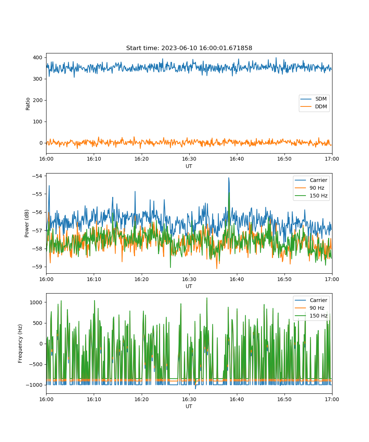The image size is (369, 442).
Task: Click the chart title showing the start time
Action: pyautogui.click(x=189, y=48)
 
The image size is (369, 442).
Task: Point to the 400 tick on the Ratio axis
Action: pyautogui.click(x=38, y=57)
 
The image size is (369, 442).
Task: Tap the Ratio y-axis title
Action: pyautogui.click(x=28, y=104)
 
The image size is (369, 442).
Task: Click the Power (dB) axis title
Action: pyautogui.click(x=27, y=223)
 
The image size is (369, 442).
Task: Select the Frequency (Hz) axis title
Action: pyautogui.click(x=20, y=344)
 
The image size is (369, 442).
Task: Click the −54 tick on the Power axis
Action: pyautogui.click(x=37, y=176)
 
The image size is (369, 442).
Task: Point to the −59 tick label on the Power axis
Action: pyautogui.click(x=37, y=267)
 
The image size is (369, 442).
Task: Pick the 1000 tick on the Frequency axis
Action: pyautogui.click(x=36, y=302)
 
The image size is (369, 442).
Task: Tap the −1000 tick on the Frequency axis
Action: pyautogui.click(x=34, y=385)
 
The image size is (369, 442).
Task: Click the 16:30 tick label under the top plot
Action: pyautogui.click(x=189, y=159)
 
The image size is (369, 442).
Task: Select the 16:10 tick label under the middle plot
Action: pyautogui.click(x=94, y=279)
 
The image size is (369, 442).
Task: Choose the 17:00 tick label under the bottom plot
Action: pyautogui.click(x=332, y=399)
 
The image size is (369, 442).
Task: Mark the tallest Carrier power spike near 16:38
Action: pyautogui.click(x=229, y=178)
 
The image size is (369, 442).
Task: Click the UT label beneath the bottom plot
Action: pyautogui.click(x=189, y=406)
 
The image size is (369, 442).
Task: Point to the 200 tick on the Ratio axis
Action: pyautogui.click(x=38, y=100)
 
